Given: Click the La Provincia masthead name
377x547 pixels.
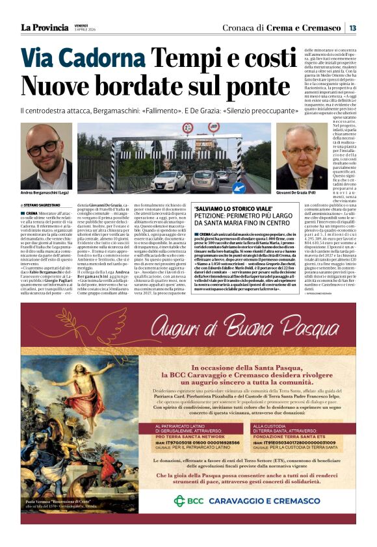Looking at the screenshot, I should pyautogui.click(x=44, y=27).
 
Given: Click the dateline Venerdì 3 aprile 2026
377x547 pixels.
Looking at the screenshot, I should pyautogui.click(x=81, y=28).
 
